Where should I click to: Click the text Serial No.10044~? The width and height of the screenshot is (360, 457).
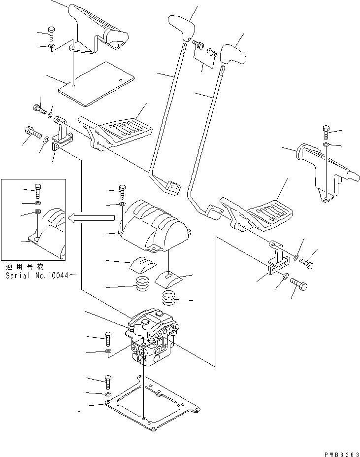(41, 276)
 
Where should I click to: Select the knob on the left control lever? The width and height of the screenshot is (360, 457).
(181, 28)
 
